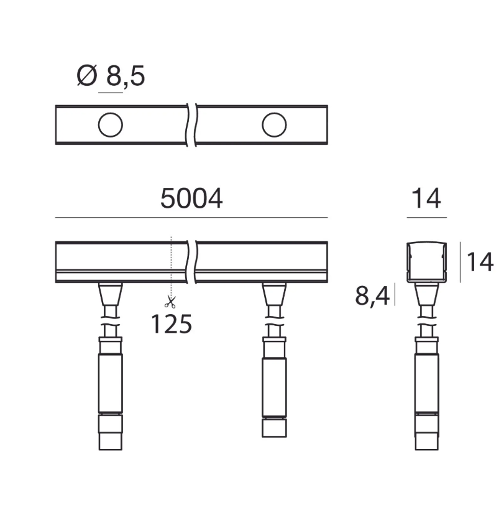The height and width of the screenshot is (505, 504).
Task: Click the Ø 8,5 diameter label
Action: (111, 76)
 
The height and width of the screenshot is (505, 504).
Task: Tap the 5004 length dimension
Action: (191, 199)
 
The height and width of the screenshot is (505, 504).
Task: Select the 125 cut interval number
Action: (172, 323)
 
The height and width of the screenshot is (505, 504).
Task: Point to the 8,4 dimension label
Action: (372, 295)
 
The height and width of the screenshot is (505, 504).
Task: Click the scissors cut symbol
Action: (170, 302)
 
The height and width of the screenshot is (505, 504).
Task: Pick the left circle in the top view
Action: (111, 125)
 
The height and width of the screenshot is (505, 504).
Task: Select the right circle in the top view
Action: (274, 125)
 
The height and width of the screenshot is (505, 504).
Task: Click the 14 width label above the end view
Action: (426, 199)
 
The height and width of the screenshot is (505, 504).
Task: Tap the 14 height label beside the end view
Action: (480, 262)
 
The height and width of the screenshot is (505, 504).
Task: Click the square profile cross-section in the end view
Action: (427, 262)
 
